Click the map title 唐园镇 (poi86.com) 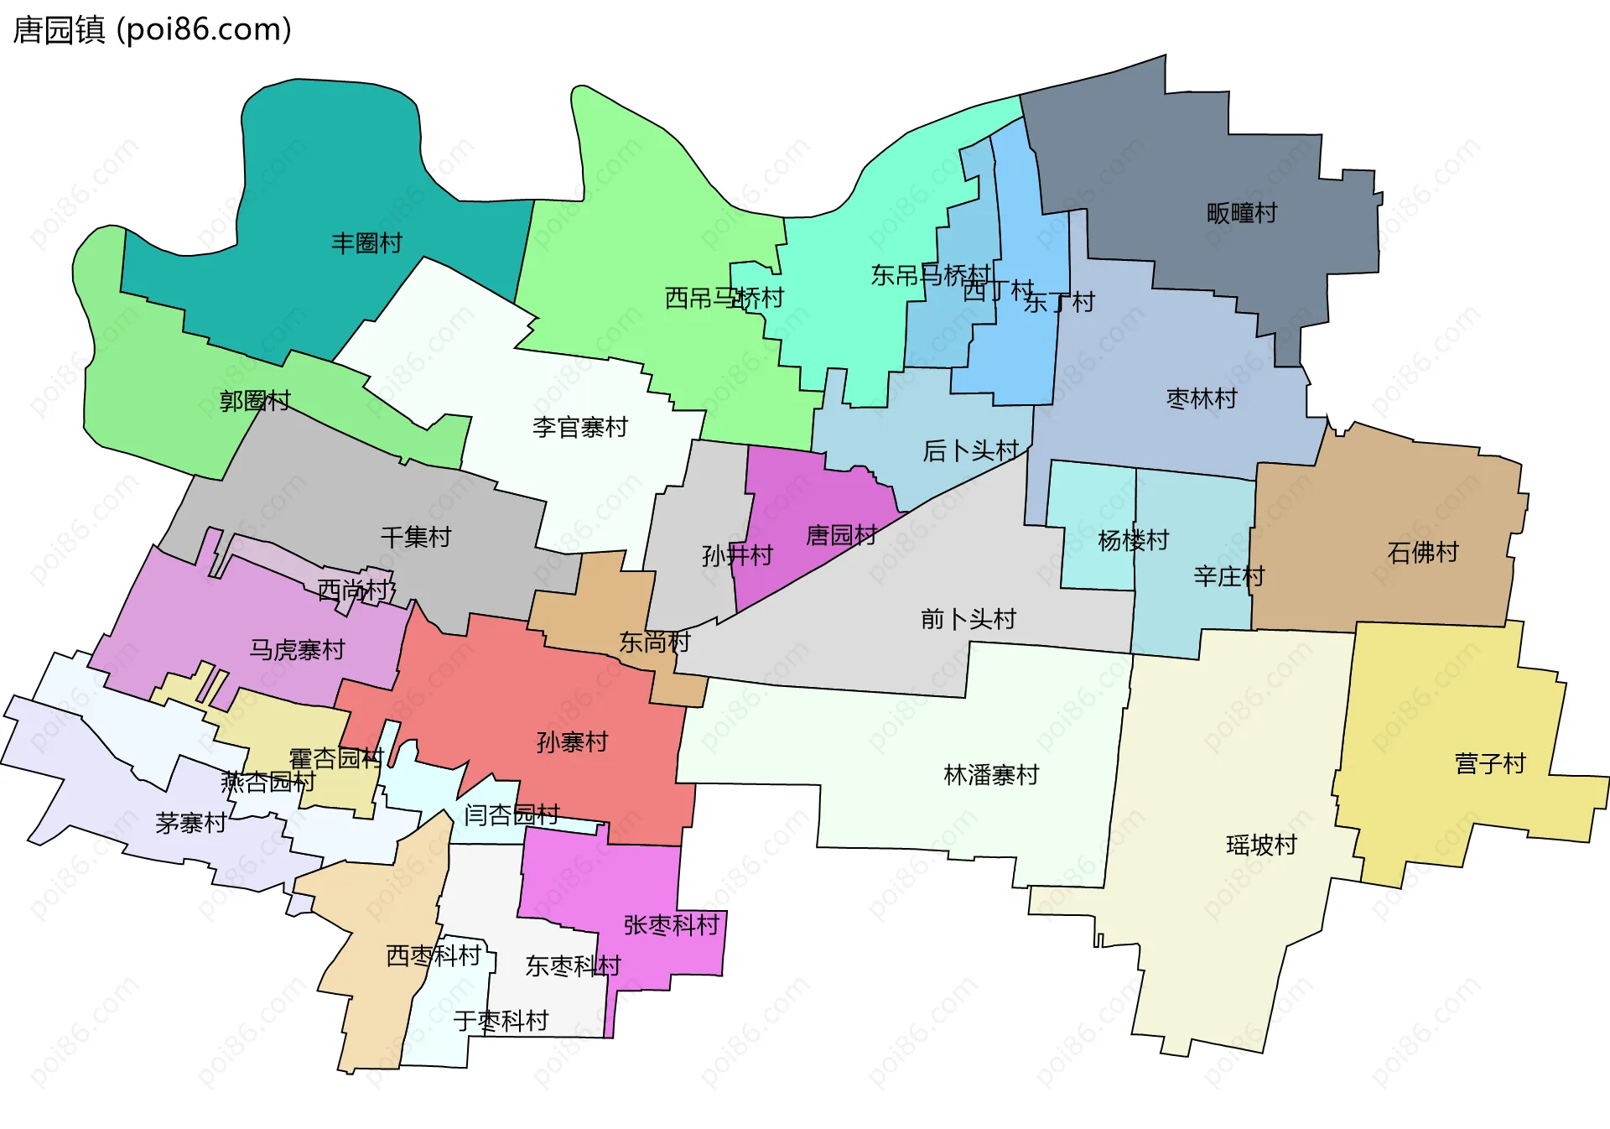[x=153, y=30]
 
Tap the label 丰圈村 [x=366, y=243]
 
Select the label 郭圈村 [x=255, y=401]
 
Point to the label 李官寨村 [x=580, y=428]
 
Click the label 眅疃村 [x=1242, y=213]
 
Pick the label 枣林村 [x=1202, y=398]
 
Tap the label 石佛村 [x=1423, y=552]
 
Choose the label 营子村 [x=1490, y=763]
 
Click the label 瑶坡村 [x=1261, y=845]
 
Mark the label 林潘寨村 [x=991, y=774]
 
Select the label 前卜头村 [x=969, y=619]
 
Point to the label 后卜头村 [x=970, y=451]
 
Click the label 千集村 [x=416, y=537]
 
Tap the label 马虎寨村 [x=297, y=649]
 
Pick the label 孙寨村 [x=572, y=741]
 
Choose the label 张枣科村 [x=672, y=925]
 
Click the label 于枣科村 [x=501, y=1021]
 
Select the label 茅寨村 [x=190, y=823]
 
